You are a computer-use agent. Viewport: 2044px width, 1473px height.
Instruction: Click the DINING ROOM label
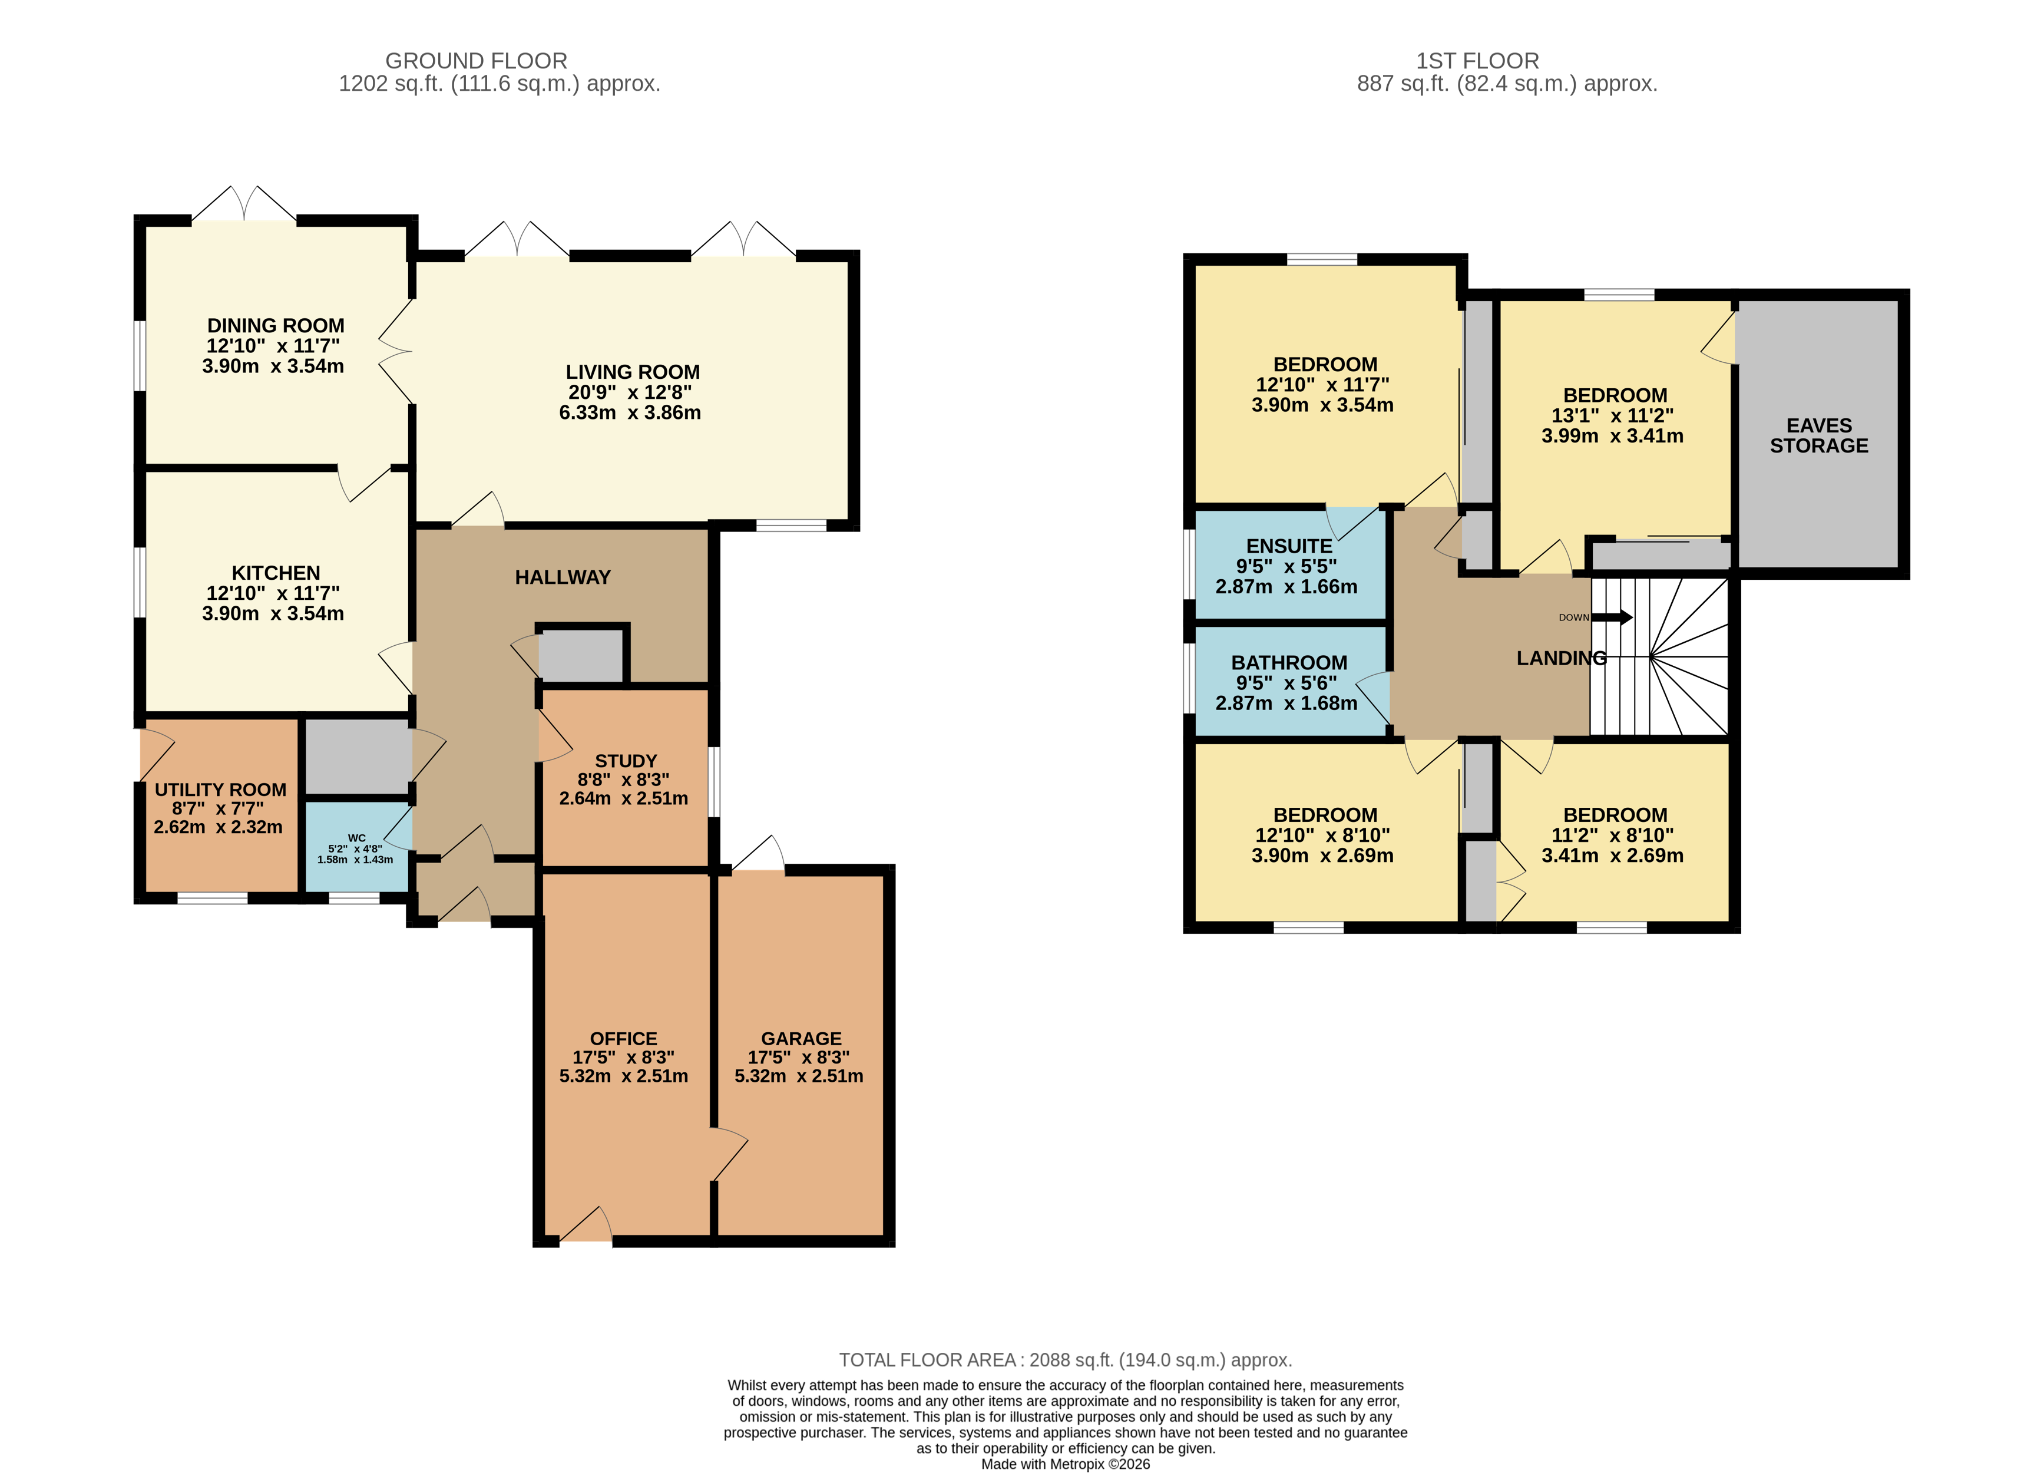point(276,325)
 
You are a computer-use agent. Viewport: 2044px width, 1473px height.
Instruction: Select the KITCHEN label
point(276,573)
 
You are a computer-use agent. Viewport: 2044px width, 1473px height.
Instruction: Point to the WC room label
point(356,837)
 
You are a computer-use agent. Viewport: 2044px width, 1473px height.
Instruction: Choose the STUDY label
point(626,761)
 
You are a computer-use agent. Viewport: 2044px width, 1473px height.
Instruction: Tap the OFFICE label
point(624,1039)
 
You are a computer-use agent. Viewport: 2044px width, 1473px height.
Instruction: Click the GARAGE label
point(801,1039)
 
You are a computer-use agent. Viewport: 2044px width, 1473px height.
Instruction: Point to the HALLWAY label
point(563,577)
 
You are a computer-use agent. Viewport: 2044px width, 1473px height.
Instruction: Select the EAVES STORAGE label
point(1819,435)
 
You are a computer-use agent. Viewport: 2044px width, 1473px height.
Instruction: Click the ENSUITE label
point(1289,546)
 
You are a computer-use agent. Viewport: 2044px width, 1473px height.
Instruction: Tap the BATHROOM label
point(1289,663)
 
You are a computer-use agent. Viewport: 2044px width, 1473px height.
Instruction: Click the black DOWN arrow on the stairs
point(1613,617)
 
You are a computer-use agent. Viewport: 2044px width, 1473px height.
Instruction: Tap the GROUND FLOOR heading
point(476,61)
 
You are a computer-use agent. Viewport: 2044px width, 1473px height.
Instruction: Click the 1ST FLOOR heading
point(1477,61)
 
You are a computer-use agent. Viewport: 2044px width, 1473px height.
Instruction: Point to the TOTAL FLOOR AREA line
point(1065,1360)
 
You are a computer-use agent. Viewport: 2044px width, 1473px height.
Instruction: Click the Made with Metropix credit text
point(1065,1464)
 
